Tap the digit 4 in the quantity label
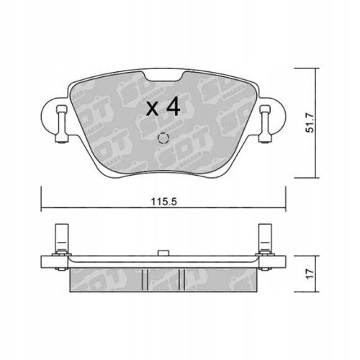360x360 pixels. tap(173, 109)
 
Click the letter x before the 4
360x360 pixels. tap(153, 110)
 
